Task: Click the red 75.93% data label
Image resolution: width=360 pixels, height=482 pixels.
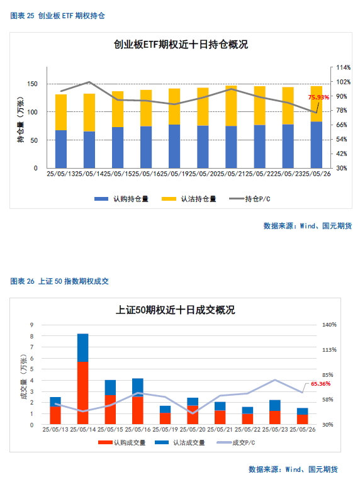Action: click(x=318, y=97)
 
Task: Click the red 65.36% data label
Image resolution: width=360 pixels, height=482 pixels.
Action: click(x=320, y=384)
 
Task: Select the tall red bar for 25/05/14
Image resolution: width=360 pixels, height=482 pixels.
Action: click(x=82, y=393)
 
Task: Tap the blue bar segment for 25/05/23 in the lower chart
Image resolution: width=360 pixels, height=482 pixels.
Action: click(x=275, y=405)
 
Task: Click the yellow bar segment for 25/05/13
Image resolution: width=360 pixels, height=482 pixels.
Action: click(x=61, y=112)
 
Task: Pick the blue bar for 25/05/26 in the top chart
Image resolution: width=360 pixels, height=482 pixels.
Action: click(x=317, y=145)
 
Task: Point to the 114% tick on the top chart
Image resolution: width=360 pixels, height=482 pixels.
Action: click(x=343, y=67)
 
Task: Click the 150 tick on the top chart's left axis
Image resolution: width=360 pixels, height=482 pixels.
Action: click(x=32, y=84)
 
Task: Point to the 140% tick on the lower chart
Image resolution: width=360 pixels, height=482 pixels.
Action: click(x=329, y=325)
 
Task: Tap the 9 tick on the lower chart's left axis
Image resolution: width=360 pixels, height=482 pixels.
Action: click(x=31, y=325)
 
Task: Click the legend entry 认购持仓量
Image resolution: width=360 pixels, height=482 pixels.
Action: click(x=121, y=199)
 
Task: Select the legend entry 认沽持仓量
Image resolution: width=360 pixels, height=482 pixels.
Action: click(x=189, y=199)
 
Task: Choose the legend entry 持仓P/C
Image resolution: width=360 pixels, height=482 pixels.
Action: click(x=250, y=199)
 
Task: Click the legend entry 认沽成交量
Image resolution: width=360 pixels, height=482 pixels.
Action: click(x=180, y=442)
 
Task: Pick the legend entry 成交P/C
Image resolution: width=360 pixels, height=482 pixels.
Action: click(x=236, y=442)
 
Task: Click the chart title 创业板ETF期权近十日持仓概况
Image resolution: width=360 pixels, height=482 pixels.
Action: click(x=181, y=45)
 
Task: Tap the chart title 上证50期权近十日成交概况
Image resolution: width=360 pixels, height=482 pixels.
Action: click(x=175, y=310)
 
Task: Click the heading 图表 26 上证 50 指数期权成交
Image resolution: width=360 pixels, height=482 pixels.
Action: click(x=59, y=281)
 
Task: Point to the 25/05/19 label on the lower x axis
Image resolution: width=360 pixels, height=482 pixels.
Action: click(x=165, y=429)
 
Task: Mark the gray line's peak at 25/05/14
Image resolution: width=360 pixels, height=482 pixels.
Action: click(x=89, y=82)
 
